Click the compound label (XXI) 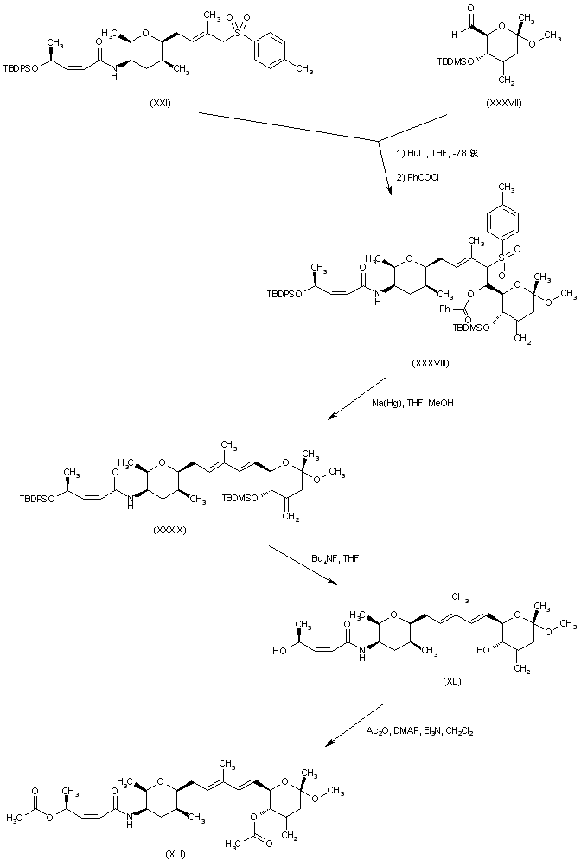159,103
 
